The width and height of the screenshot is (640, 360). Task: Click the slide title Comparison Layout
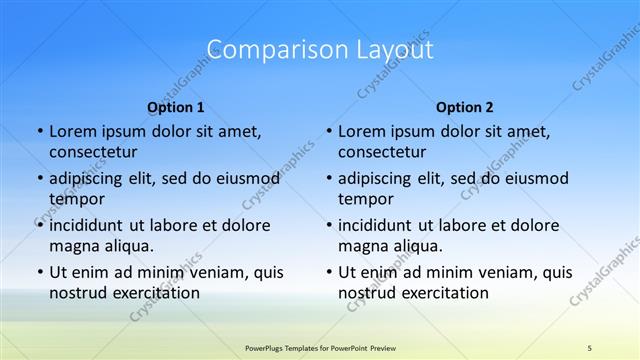319,49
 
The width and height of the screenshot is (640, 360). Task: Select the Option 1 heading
175,107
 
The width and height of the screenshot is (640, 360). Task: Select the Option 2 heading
464,107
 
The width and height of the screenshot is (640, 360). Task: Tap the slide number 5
589,347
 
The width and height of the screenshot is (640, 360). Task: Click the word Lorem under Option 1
72,131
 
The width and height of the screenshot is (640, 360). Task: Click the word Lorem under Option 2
361,131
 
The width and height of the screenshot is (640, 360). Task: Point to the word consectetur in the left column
93,152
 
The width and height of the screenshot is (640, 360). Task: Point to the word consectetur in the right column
382,152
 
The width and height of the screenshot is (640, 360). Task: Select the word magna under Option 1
73,246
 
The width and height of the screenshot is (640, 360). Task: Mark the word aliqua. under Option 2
417,246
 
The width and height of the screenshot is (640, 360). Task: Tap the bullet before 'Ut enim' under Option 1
39,272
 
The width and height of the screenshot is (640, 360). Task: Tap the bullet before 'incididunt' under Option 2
328,225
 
